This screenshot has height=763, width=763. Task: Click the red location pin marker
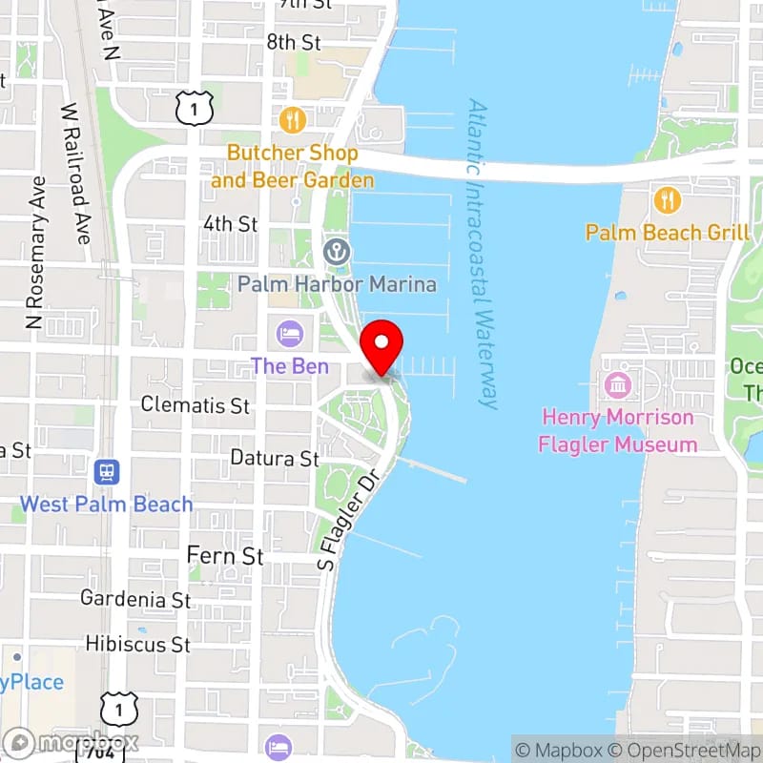click(x=382, y=345)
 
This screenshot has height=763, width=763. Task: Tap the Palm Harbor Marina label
click(x=337, y=284)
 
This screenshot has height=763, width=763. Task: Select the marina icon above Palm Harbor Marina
click(x=337, y=253)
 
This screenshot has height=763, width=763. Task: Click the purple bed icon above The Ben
click(x=289, y=334)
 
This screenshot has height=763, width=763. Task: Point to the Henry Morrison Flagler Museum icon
click(x=617, y=385)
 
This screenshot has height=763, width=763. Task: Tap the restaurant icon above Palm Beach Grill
click(x=667, y=200)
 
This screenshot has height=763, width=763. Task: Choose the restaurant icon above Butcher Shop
click(x=293, y=120)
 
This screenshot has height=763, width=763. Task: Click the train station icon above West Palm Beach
click(x=106, y=471)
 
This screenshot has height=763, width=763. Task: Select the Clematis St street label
click(x=196, y=405)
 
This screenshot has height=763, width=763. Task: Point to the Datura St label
click(x=275, y=459)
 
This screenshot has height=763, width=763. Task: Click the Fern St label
click(x=224, y=555)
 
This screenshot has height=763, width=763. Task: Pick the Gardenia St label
click(x=135, y=599)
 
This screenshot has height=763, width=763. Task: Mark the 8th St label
click(x=294, y=42)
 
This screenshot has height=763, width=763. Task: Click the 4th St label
click(x=230, y=224)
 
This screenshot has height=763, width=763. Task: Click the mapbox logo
click(x=72, y=742)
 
